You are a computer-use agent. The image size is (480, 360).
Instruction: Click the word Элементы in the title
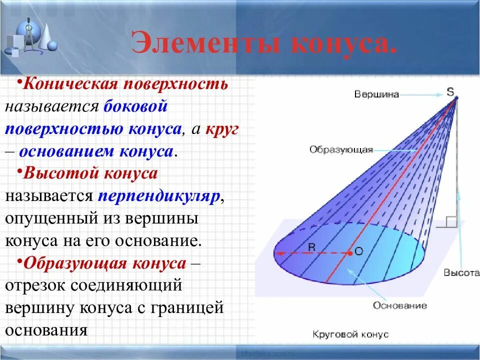pyautogui.click(x=205, y=43)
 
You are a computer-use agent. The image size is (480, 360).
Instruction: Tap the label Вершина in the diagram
pyautogui.click(x=376, y=94)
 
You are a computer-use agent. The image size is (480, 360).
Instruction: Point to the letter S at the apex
pyautogui.click(x=450, y=91)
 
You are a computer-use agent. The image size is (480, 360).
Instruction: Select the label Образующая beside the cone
pyautogui.click(x=341, y=149)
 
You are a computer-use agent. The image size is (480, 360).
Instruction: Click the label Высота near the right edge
pyautogui.click(x=461, y=272)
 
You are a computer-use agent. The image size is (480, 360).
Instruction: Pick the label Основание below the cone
pyautogui.click(x=400, y=305)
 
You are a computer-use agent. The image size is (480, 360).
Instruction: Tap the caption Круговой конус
pyautogui.click(x=350, y=334)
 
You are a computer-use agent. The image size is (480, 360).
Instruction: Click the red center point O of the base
pyautogui.click(x=350, y=253)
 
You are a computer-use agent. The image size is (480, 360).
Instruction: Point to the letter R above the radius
pyautogui.click(x=311, y=247)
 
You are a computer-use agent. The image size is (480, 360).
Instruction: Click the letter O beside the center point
pyautogui.click(x=359, y=251)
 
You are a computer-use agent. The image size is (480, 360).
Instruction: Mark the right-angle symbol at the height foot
pyautogui.click(x=451, y=221)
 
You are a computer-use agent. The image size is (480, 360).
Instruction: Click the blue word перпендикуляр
pyautogui.click(x=159, y=196)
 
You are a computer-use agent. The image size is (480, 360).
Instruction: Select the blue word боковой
pyautogui.click(x=135, y=106)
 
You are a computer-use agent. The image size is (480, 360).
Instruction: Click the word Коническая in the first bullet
pyautogui.click(x=71, y=84)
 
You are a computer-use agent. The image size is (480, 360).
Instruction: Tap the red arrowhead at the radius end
pyautogui.click(x=278, y=253)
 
